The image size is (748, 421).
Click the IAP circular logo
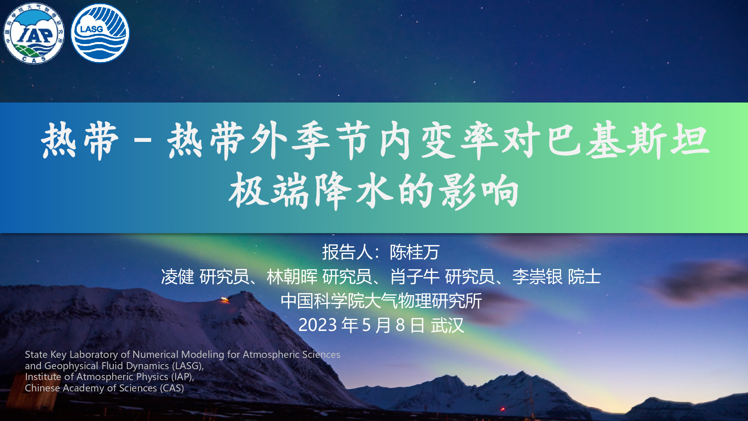(x=34, y=34)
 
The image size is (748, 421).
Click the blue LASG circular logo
(x=100, y=33)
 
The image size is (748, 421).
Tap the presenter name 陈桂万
(x=415, y=252)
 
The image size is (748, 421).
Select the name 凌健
(x=178, y=277)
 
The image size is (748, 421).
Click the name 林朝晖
(x=292, y=277)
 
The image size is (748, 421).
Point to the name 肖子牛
(x=415, y=277)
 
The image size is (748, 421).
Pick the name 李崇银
(x=537, y=277)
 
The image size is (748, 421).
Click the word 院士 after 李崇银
(x=584, y=277)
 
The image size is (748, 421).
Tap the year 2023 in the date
(x=318, y=325)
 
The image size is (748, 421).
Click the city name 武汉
(x=447, y=325)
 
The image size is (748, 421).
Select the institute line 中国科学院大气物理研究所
(x=381, y=301)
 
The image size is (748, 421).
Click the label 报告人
(x=347, y=252)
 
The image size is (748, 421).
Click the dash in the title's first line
(x=143, y=141)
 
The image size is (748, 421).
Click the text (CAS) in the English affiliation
(x=172, y=388)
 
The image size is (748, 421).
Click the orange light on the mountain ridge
(x=224, y=299)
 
